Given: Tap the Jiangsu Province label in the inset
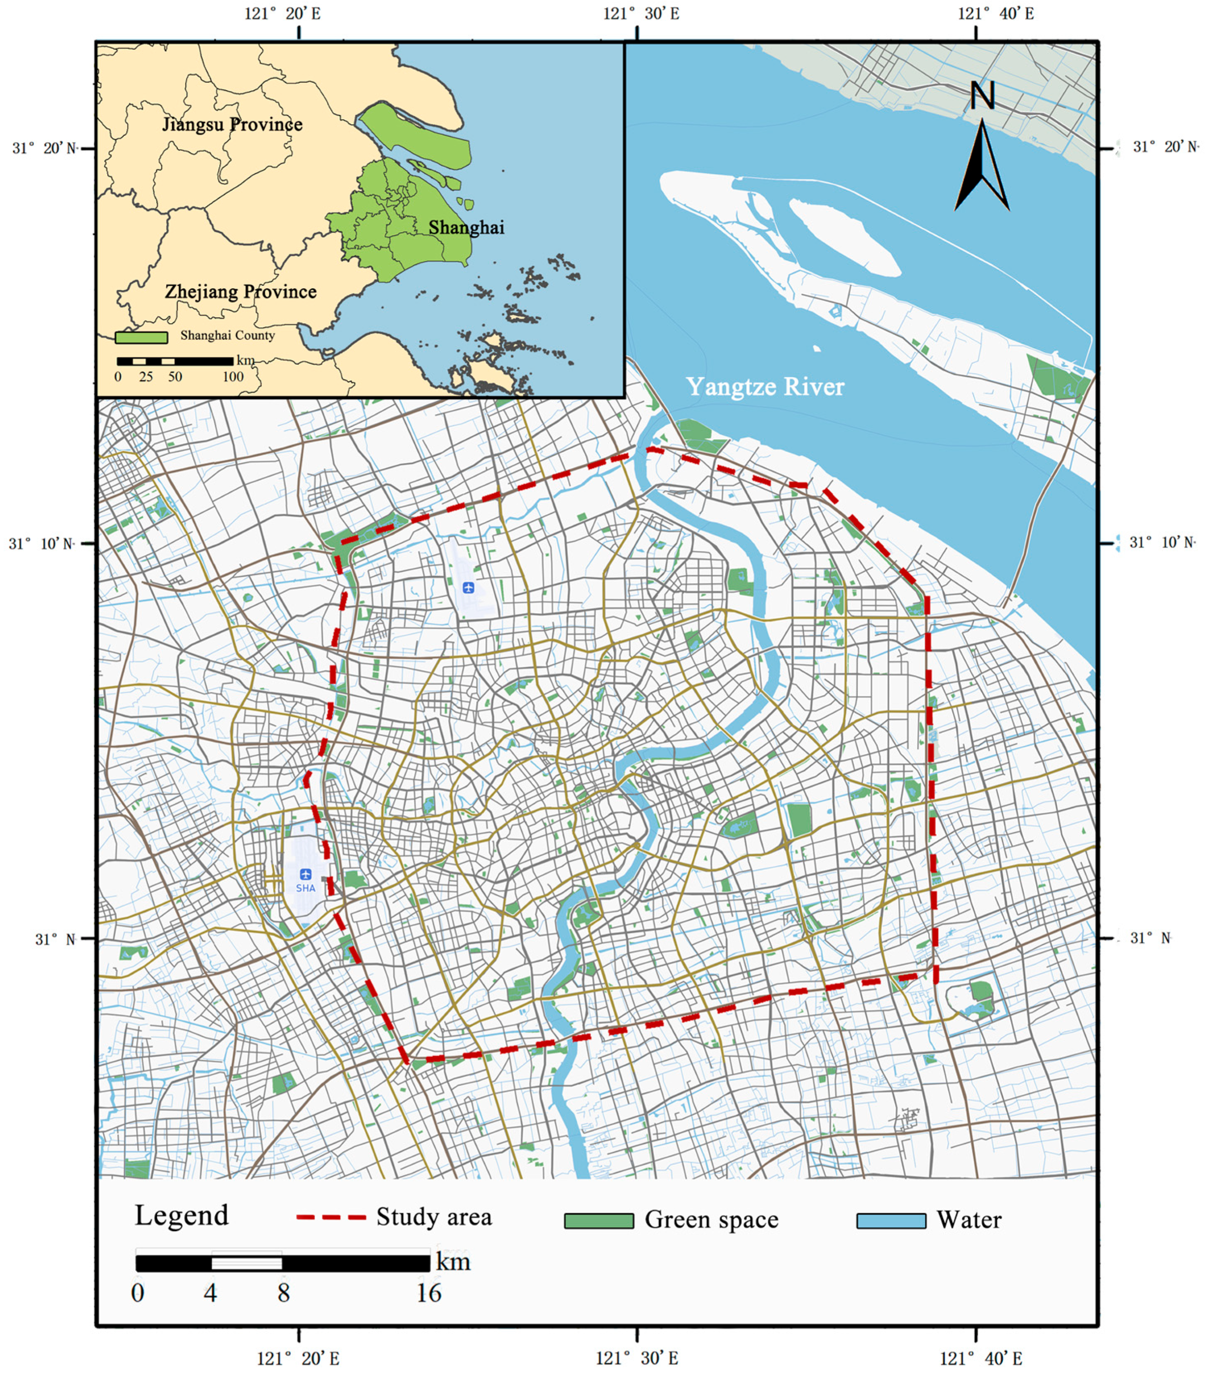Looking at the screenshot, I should click(x=232, y=124).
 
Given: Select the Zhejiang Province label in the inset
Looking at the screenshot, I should click(x=241, y=291).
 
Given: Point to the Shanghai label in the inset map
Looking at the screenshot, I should click(x=466, y=227).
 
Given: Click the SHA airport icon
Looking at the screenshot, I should click(x=306, y=874).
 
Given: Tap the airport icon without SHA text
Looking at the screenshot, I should click(x=468, y=587).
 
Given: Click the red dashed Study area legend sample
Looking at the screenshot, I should click(x=331, y=1217).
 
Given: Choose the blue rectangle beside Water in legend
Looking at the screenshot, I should click(x=891, y=1220).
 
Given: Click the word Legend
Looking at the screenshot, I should click(x=182, y=1215).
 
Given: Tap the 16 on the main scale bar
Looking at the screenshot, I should click(x=429, y=1293).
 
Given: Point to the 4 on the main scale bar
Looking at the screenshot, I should click(x=210, y=1293).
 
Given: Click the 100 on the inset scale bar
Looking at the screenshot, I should click(x=233, y=377).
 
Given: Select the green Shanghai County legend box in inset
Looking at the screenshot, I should click(x=141, y=337).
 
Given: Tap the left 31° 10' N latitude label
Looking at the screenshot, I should click(x=42, y=544).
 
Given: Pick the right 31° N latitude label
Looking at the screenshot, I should click(x=1150, y=938).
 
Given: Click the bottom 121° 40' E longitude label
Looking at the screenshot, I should click(x=980, y=1359).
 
